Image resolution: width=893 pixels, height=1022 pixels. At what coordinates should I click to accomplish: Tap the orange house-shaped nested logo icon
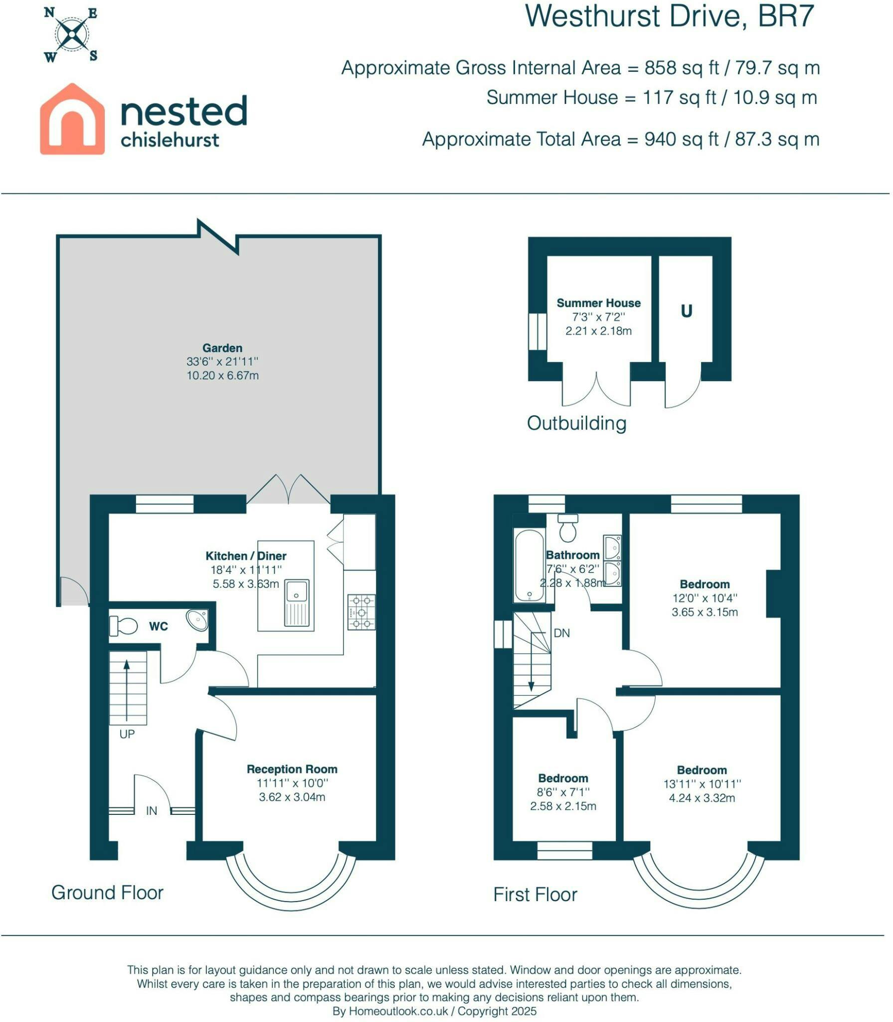tap(72, 119)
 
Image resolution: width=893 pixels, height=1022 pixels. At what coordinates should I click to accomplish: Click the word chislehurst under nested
tap(170, 140)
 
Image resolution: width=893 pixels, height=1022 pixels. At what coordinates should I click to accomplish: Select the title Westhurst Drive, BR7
tap(670, 16)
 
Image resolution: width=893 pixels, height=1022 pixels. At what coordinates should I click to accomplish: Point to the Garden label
tap(222, 348)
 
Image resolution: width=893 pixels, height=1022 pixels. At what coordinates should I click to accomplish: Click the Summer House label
tap(598, 303)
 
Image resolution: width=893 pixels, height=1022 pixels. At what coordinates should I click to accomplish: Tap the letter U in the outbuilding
tap(687, 311)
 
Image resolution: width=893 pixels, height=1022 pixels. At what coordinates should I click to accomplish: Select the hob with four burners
tap(361, 612)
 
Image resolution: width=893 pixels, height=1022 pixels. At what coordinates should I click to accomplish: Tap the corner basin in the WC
tap(197, 620)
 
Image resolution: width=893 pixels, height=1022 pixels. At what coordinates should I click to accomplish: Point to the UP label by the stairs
tap(127, 734)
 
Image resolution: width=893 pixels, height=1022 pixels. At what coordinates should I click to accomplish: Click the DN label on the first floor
tap(561, 633)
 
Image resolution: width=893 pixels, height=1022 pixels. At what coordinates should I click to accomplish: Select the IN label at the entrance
tap(152, 811)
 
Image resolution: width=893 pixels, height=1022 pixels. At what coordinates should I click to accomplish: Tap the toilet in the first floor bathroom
tap(568, 528)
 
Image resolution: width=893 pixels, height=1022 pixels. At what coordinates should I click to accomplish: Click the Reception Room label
tap(292, 769)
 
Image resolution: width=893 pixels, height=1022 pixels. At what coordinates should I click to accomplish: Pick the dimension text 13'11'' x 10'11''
tap(702, 784)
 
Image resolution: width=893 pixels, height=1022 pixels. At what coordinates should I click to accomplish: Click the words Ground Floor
tap(107, 893)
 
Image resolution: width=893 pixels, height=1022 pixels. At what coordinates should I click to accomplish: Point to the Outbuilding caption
tap(577, 423)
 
